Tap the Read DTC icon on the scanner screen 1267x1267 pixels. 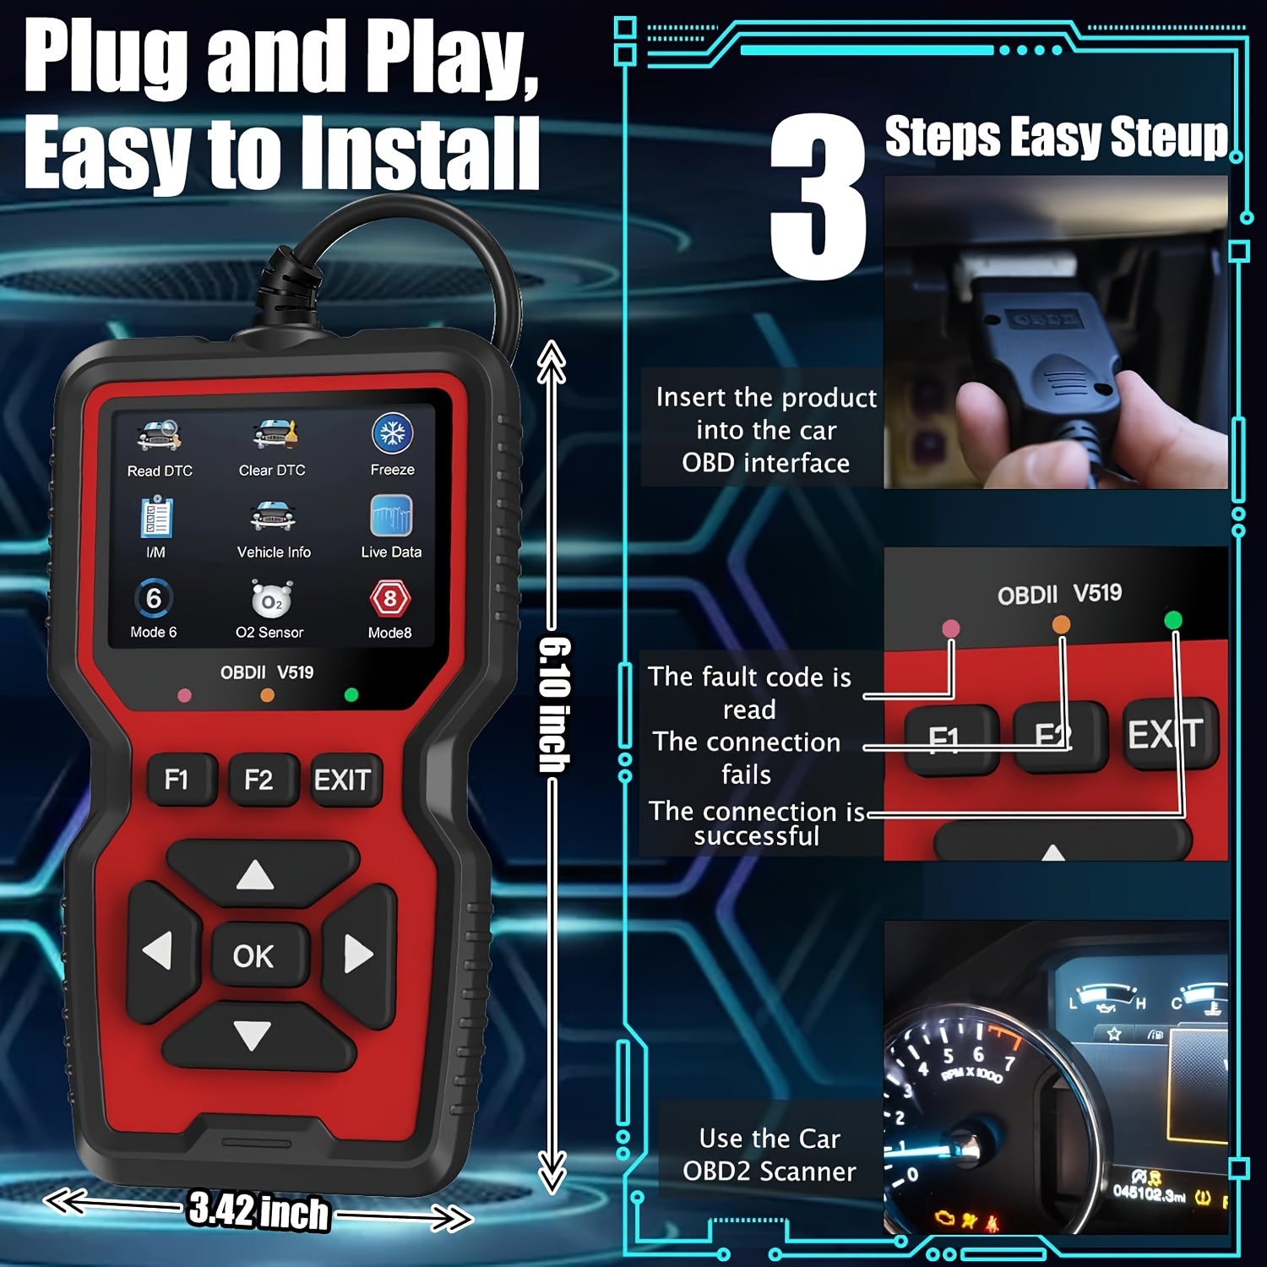tap(159, 436)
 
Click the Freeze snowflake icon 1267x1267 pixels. tap(392, 434)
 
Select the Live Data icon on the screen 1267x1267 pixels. tap(391, 515)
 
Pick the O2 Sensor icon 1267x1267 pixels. tap(271, 599)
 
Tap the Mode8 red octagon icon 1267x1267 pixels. tap(389, 599)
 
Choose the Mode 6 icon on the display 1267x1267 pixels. tap(154, 599)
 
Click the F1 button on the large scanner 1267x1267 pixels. tap(177, 779)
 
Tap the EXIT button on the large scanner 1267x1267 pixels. tap(342, 779)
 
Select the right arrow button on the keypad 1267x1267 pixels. tap(359, 954)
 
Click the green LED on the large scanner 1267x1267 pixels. tap(351, 694)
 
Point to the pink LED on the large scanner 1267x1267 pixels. tap(184, 696)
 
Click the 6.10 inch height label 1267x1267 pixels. tap(554, 704)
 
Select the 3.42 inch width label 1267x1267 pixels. tap(258, 1210)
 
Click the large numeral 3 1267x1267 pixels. tap(818, 196)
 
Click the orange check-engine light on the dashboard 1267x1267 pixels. tap(944, 1218)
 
